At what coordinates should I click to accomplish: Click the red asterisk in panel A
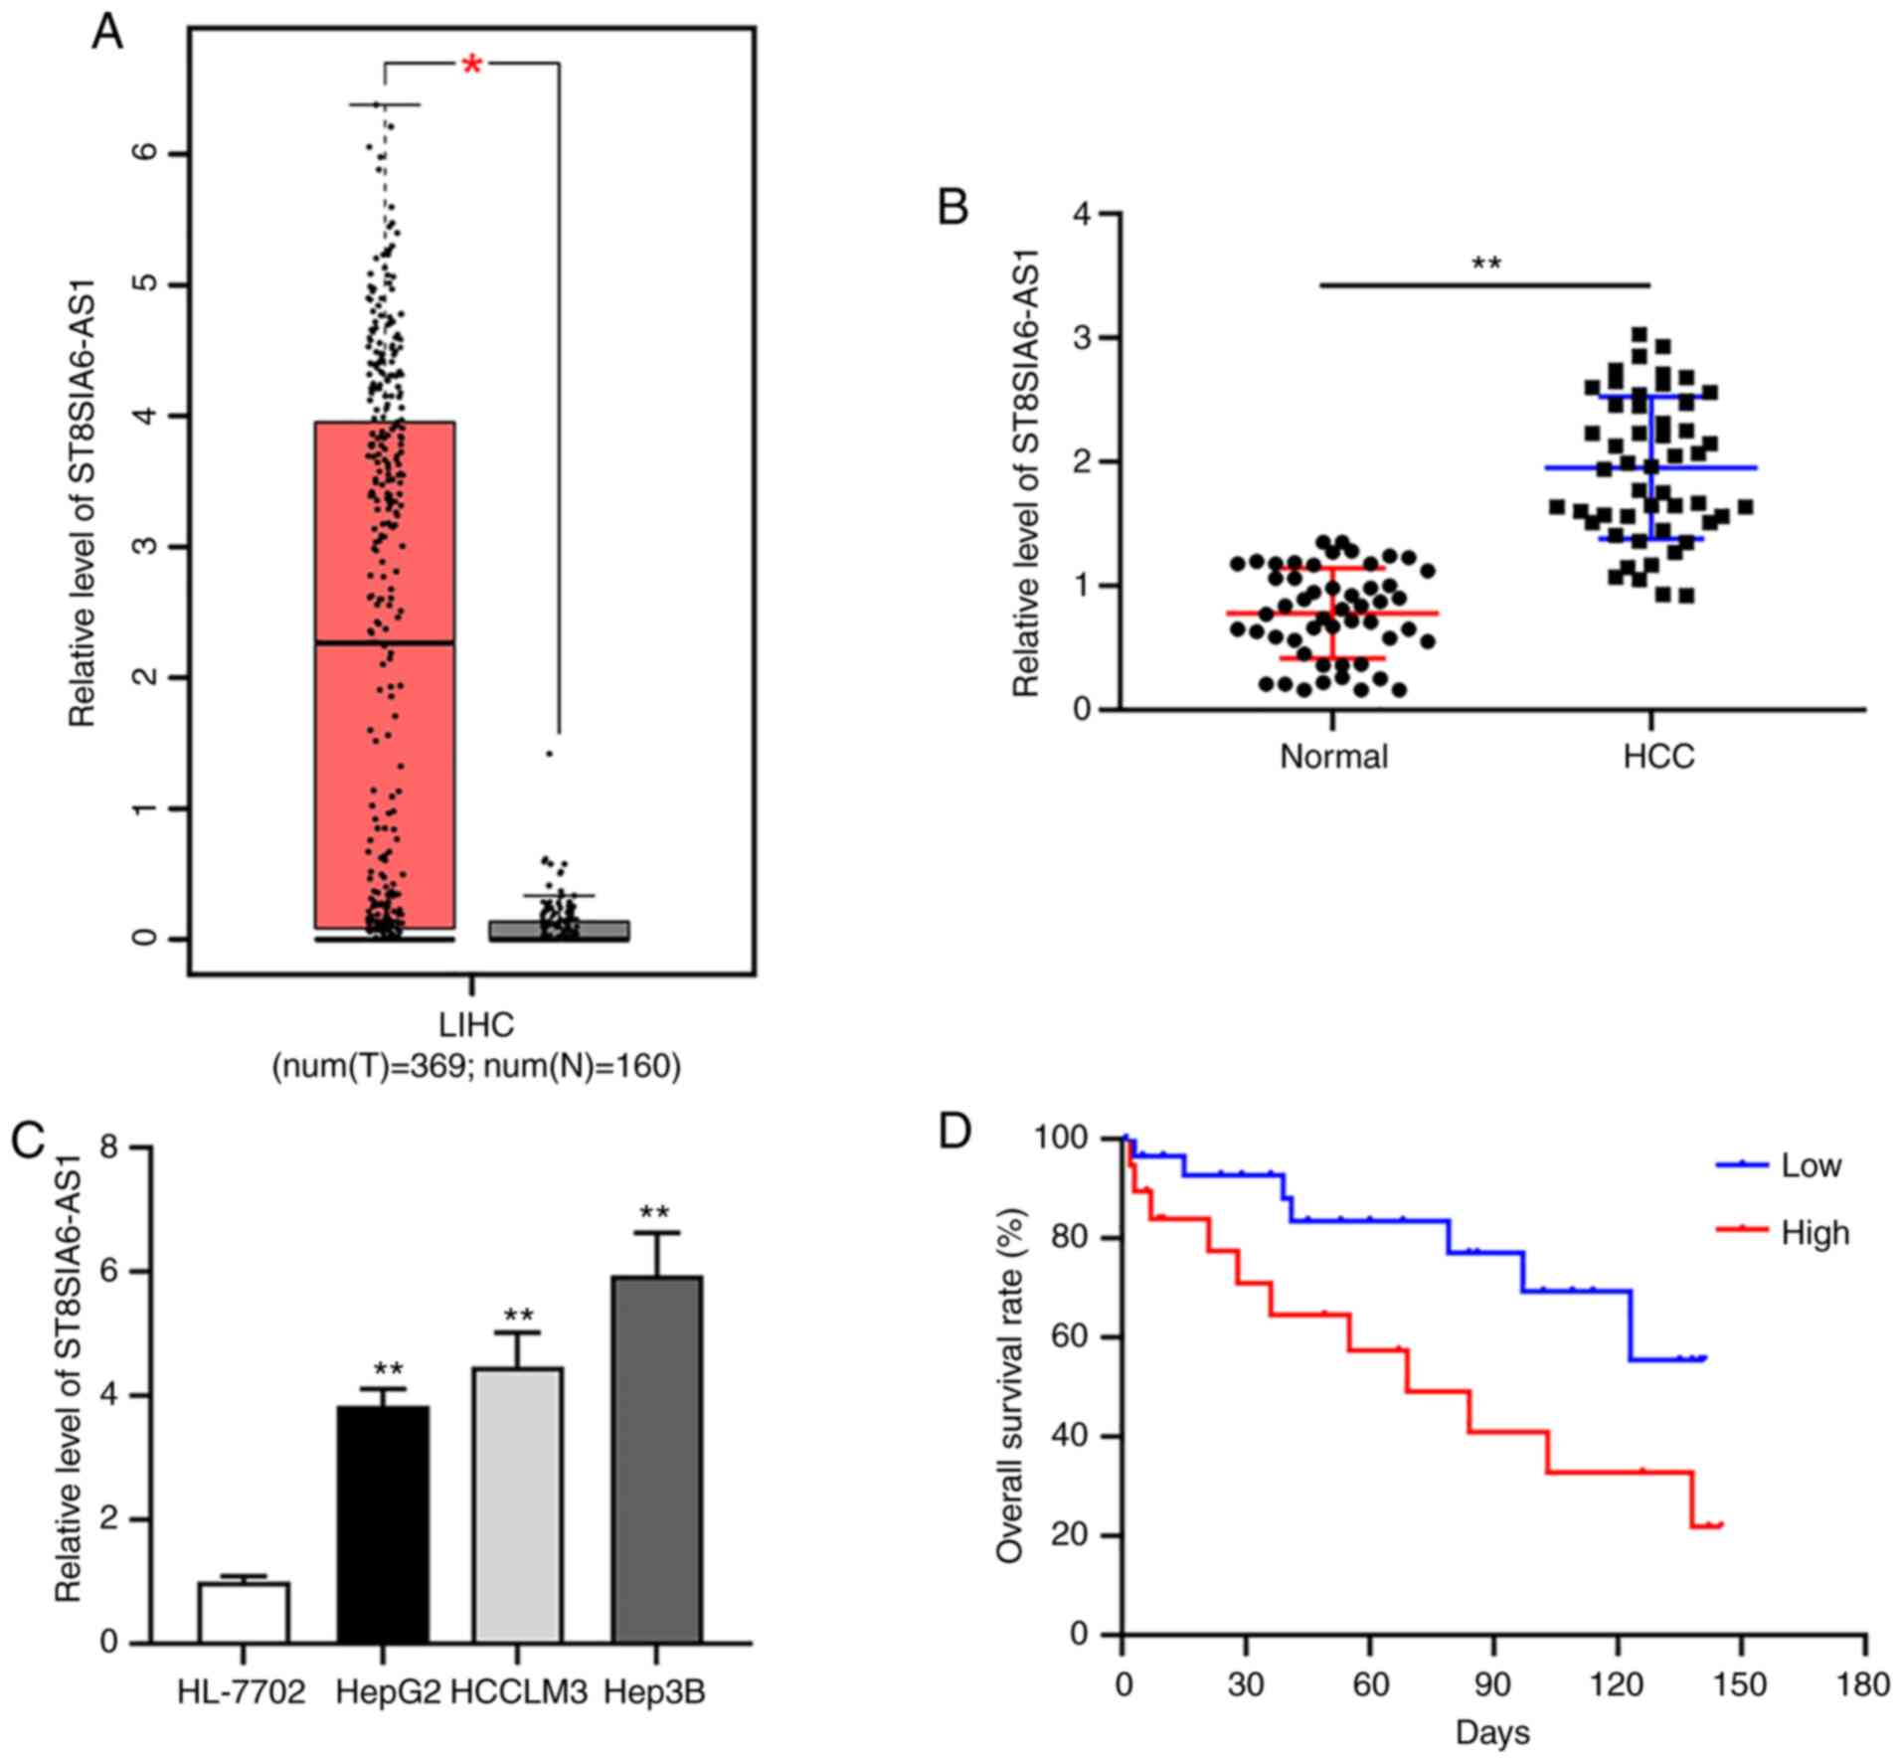[472, 67]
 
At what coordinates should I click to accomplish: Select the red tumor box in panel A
[385, 676]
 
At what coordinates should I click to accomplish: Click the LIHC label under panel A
[476, 1024]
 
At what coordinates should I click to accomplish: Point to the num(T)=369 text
[369, 1067]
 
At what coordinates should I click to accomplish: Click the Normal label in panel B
[1333, 757]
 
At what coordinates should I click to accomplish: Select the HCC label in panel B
[1658, 757]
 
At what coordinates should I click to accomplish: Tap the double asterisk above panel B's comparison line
[1486, 264]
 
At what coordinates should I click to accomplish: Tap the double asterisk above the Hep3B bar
[655, 1213]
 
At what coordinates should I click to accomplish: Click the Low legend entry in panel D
[1811, 1166]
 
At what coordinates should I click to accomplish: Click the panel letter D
[955, 1133]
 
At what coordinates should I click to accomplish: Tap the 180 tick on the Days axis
[1864, 1685]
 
